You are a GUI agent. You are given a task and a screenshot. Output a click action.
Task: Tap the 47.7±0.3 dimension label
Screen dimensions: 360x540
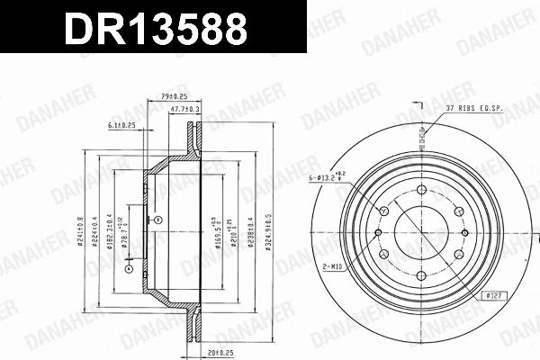(186, 109)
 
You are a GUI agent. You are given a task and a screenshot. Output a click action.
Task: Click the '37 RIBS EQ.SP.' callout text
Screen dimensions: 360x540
(475, 108)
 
